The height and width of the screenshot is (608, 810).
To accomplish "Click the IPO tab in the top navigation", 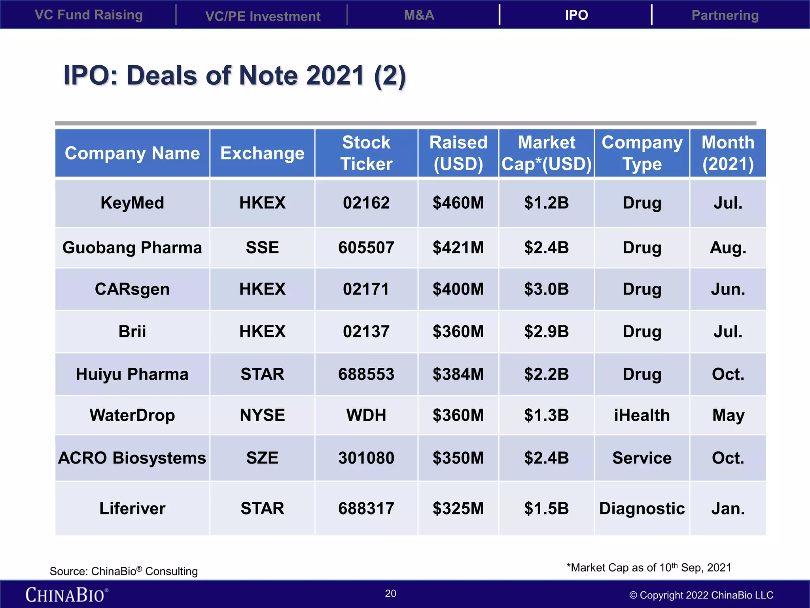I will tap(576, 15).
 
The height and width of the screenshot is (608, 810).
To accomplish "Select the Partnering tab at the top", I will tap(725, 15).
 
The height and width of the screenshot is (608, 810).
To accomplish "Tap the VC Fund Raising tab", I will tap(89, 15).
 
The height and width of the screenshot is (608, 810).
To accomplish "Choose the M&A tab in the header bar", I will tap(419, 15).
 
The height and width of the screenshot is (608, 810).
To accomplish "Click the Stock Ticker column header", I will tap(366, 153).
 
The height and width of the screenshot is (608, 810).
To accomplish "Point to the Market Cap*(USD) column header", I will tap(546, 153).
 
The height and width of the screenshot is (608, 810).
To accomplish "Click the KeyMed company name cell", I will tap(132, 203).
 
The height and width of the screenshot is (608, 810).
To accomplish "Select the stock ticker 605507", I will tap(366, 248).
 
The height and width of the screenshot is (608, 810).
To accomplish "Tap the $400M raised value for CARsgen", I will tap(458, 289).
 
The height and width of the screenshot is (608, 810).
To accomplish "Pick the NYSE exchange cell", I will tap(262, 415).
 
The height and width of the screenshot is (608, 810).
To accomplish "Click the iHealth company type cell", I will tap(642, 415).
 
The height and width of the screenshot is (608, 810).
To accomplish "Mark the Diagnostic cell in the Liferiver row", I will tap(642, 509).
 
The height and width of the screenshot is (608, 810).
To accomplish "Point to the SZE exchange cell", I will tap(262, 458).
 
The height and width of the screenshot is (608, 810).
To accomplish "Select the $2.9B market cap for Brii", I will tap(546, 332).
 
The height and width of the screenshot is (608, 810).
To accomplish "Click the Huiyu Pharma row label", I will tap(132, 374).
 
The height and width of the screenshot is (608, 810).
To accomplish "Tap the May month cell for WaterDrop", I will tap(728, 415).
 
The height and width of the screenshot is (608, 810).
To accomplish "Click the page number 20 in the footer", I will tap(391, 593).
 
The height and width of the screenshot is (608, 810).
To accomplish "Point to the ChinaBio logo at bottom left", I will tap(66, 595).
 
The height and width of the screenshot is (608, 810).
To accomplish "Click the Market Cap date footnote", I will tap(649, 568).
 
